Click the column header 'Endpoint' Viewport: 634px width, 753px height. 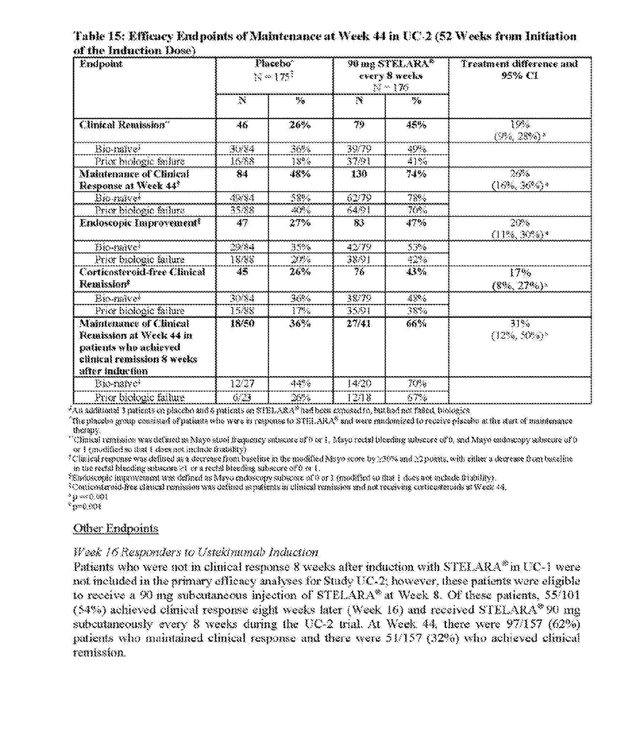(101, 64)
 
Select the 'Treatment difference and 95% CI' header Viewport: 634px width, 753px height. (519, 70)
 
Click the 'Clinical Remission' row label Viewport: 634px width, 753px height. (123, 125)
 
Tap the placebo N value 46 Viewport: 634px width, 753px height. (242, 125)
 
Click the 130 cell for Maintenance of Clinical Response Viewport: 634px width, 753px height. (359, 174)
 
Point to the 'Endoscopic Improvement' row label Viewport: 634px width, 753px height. (140, 223)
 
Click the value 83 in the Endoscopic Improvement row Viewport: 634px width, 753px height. (359, 223)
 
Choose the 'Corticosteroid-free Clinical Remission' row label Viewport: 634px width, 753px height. (142, 278)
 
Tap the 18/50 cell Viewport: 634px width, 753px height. (242, 324)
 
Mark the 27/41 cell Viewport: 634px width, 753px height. (359, 324)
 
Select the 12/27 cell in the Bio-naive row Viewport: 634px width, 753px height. (242, 384)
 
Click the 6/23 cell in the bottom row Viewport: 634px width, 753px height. (242, 398)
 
